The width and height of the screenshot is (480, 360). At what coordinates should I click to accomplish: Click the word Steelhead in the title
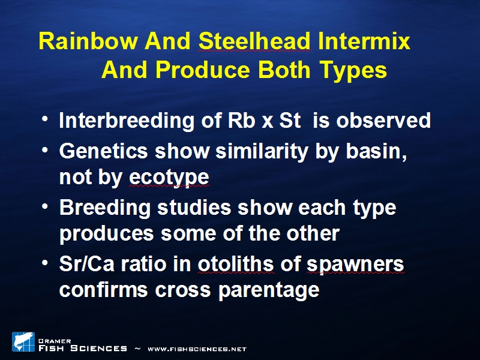point(254,41)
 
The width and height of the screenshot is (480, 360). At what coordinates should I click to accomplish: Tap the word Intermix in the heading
point(364,41)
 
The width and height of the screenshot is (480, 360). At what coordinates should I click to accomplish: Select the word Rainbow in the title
point(88,41)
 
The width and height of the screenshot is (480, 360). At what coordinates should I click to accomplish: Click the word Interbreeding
point(127,120)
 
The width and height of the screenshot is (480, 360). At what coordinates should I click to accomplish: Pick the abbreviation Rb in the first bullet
point(242,120)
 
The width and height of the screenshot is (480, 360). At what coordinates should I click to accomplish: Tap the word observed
point(383,120)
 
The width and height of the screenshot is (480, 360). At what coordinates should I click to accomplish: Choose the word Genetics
point(103,151)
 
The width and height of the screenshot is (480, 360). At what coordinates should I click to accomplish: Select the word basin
point(377,151)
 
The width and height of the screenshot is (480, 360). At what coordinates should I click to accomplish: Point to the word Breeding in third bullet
point(104,207)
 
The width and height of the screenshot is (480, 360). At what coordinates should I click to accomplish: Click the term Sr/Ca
point(86,263)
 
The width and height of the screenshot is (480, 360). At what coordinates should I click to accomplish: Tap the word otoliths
point(236,263)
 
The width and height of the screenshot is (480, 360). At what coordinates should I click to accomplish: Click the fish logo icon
point(23,341)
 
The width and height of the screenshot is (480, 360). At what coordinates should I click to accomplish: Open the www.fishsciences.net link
point(197,349)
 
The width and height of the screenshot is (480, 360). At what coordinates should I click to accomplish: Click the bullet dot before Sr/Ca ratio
point(45,263)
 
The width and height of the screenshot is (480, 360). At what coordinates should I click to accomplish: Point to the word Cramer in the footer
point(55,341)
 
